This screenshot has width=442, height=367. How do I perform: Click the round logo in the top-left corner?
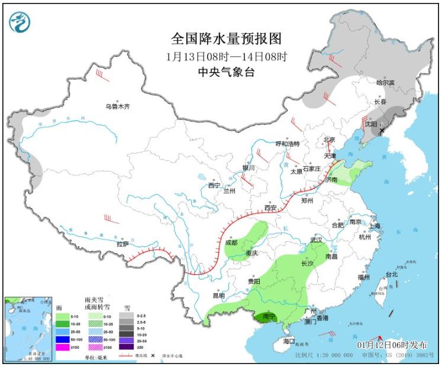tap(20, 22)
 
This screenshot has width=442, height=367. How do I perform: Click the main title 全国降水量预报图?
tap(227, 39)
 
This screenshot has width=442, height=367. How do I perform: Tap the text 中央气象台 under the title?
tap(227, 72)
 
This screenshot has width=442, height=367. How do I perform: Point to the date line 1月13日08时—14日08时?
tap(227, 57)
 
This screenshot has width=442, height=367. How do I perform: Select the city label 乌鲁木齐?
tap(117, 107)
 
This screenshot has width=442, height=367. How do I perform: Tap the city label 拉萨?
tap(122, 243)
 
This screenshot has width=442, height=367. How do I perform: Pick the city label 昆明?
tap(218, 295)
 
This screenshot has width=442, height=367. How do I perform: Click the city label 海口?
tap(288, 342)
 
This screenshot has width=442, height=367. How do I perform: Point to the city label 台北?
tap(392, 274)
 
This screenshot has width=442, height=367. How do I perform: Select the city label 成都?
tap(231, 242)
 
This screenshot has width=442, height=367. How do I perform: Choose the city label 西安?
tap(270, 208)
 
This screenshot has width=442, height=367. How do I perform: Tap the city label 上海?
tap(374, 226)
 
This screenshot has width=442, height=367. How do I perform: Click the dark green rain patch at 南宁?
tap(268, 317)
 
